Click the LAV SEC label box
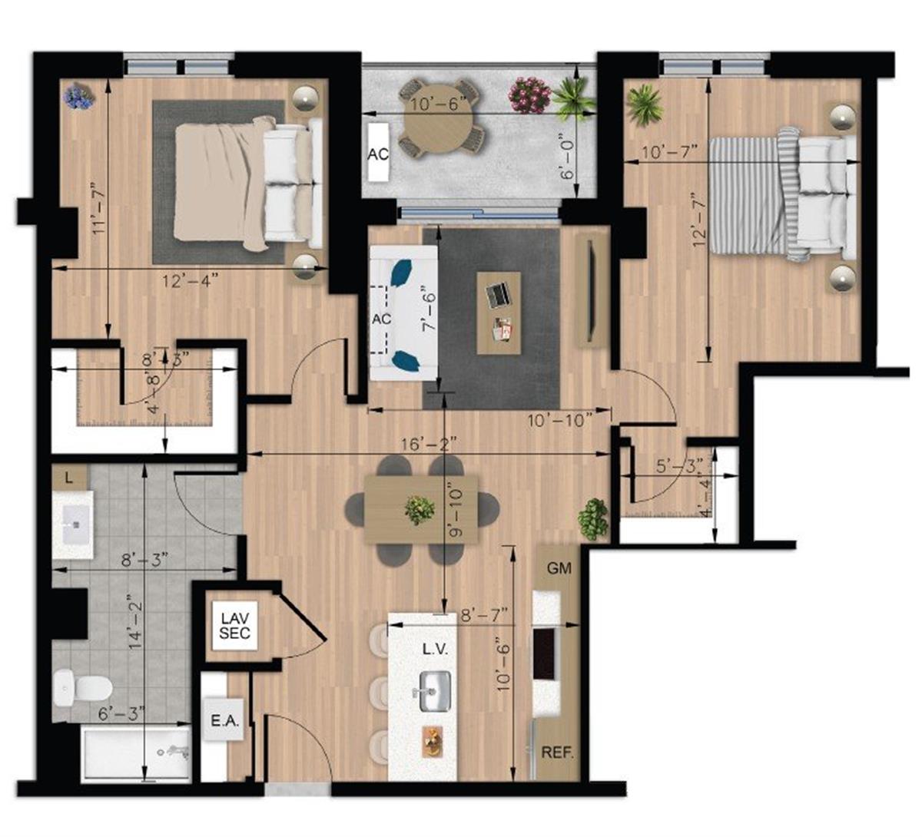click(x=234, y=625)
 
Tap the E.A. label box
click(x=225, y=721)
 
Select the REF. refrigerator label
click(x=558, y=752)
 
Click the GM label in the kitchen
click(x=559, y=569)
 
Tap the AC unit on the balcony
click(x=377, y=153)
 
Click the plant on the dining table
click(x=420, y=509)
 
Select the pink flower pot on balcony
click(x=530, y=94)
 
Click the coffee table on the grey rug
click(x=499, y=313)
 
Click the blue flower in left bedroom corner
click(x=78, y=96)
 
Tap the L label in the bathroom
click(x=69, y=478)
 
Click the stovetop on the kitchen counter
click(x=545, y=653)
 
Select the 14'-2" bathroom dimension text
click(x=135, y=622)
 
